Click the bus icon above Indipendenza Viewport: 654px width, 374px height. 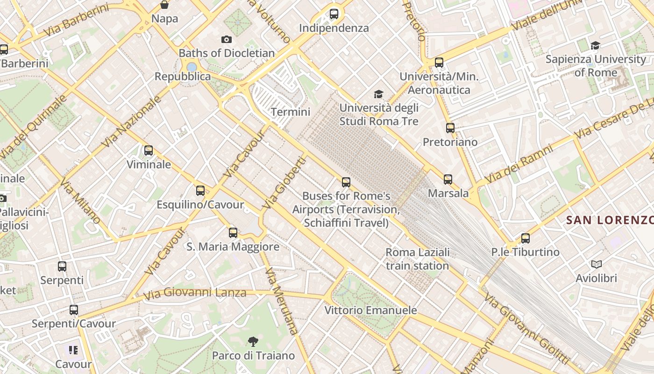(334, 14)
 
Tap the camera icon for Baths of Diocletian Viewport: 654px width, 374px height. (227, 39)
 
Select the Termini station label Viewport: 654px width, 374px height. (291, 112)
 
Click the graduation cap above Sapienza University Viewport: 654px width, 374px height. (595, 45)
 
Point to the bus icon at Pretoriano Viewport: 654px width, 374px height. (450, 128)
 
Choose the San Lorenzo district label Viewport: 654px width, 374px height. (609, 220)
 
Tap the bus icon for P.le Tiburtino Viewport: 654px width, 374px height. (525, 238)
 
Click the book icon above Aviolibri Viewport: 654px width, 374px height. (596, 264)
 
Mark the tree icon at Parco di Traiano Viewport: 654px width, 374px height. (253, 342)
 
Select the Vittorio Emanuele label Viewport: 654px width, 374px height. (370, 310)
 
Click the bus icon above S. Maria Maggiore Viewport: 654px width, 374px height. (233, 232)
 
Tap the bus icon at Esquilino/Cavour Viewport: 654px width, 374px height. (200, 190)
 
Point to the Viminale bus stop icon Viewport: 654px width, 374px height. (149, 151)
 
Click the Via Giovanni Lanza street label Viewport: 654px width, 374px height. (195, 294)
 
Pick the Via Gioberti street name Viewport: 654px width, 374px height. (284, 183)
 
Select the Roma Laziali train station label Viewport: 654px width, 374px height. (417, 259)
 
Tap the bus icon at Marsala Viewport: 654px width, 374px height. (448, 179)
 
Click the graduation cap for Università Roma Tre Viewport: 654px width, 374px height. (378, 94)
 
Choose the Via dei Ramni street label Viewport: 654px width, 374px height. (519, 164)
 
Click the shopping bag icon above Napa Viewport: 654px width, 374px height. (164, 5)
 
